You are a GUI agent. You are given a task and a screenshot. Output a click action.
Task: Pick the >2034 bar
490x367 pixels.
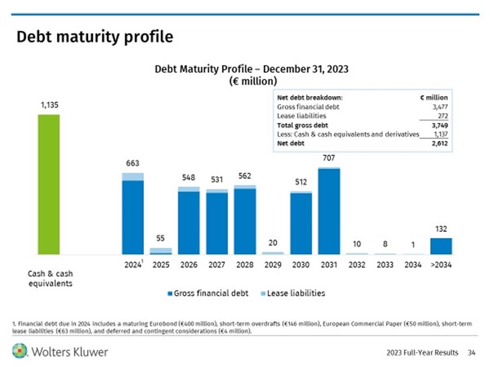(x=441, y=246)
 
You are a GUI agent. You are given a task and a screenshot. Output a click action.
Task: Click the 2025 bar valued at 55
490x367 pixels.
(x=161, y=251)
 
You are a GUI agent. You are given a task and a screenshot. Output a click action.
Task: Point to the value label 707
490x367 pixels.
(x=329, y=157)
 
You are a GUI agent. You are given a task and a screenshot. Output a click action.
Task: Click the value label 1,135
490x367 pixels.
(x=49, y=105)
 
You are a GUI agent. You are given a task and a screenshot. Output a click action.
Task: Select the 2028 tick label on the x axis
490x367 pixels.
(x=244, y=265)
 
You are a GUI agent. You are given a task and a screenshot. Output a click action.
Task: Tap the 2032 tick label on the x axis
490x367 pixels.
(x=357, y=265)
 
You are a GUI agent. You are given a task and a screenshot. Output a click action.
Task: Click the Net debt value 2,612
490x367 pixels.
(x=439, y=143)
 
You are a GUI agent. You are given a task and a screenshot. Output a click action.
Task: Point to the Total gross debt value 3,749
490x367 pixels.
(x=439, y=125)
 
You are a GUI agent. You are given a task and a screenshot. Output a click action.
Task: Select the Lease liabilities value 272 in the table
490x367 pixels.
(x=442, y=116)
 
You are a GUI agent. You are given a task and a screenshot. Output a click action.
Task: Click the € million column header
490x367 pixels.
(x=433, y=97)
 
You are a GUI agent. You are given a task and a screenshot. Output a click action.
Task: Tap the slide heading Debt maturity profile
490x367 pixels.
(x=94, y=36)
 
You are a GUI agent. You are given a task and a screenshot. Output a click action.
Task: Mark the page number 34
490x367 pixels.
(x=472, y=352)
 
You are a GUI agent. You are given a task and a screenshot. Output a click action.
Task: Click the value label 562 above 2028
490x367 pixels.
(x=244, y=175)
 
